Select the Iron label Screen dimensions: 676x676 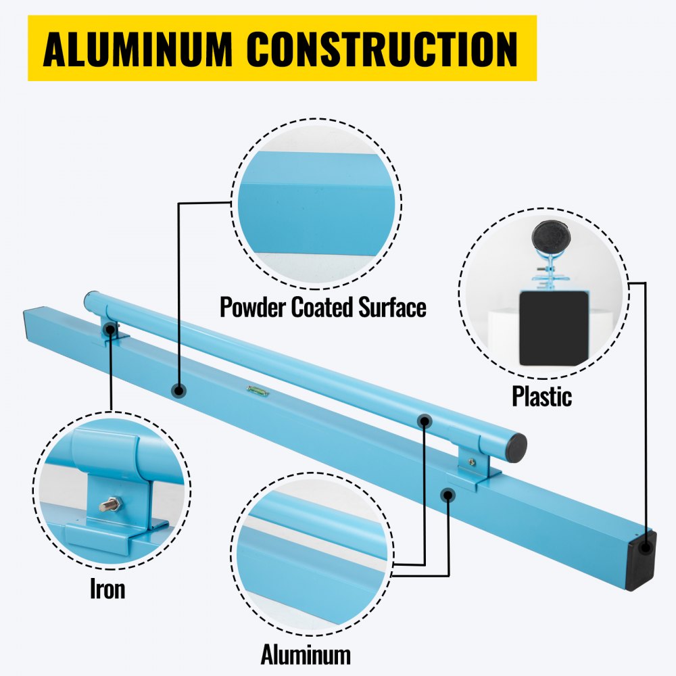107,589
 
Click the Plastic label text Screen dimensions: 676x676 541,396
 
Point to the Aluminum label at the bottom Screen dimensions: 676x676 306,654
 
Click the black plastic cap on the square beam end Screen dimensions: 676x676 640,560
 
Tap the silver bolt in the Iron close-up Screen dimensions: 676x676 110,504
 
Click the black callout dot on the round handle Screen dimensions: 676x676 424,420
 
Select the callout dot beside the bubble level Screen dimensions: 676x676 178,390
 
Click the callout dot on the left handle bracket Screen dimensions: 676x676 109,329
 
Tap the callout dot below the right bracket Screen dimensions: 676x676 447,496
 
